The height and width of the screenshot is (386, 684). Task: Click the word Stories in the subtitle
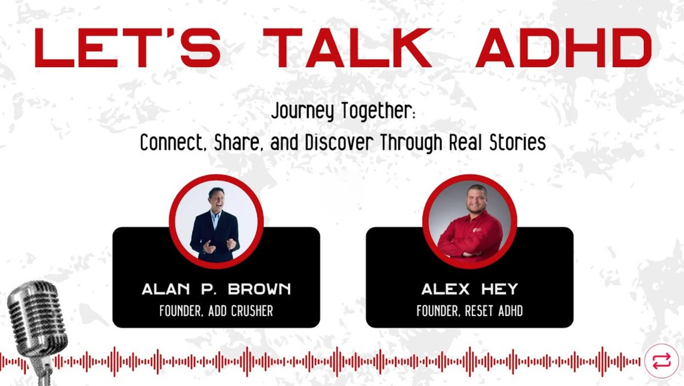516,142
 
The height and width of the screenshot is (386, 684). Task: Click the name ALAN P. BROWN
216,289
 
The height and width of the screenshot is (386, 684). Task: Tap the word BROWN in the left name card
262,289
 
